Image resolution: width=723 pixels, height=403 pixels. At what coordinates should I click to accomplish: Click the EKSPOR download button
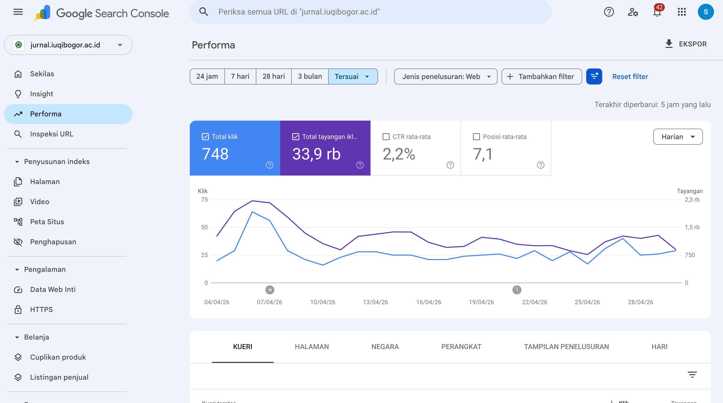point(686,44)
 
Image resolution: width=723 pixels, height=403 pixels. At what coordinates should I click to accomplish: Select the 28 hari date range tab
point(274,76)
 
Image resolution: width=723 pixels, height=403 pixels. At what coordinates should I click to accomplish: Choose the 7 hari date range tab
point(240,76)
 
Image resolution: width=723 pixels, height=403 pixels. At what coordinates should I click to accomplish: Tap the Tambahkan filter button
point(542,76)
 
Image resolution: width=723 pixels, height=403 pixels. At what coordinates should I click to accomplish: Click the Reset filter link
point(630,76)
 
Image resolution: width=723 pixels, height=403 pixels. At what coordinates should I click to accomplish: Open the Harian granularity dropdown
point(678,137)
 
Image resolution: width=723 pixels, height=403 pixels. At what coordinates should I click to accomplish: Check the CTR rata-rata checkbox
point(386,137)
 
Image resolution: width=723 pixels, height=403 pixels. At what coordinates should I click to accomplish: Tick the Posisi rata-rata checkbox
point(476,137)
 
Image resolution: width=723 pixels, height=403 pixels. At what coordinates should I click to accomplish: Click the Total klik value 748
point(215,154)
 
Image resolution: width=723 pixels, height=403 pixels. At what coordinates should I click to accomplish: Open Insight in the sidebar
point(41,94)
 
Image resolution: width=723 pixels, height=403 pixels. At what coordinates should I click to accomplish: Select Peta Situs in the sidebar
point(47,222)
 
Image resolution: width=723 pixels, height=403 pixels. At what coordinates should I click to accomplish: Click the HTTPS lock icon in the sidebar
point(18,310)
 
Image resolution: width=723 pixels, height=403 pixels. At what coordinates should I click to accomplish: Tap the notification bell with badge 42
point(657,12)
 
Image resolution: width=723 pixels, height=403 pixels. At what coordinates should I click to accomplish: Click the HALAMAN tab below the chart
point(312,347)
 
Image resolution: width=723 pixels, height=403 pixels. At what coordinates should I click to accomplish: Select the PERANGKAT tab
point(461,347)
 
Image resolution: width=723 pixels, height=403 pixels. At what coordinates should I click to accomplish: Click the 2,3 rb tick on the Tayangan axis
point(692,200)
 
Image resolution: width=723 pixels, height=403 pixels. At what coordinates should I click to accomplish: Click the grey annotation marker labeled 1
point(517,290)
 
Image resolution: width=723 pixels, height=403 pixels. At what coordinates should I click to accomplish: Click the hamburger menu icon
point(18,12)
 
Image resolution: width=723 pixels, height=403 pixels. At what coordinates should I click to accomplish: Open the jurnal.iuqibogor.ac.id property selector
point(68,45)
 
